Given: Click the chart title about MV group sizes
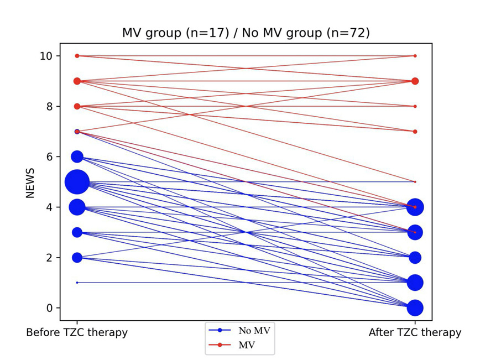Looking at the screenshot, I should coord(246,33).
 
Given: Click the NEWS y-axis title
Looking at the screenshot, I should coord(32,182).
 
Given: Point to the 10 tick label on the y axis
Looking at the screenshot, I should coord(46,56).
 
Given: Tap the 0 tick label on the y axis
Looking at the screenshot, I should coord(50,308).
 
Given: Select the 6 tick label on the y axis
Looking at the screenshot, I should coord(50,157).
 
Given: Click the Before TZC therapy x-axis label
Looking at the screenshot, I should coord(77,332).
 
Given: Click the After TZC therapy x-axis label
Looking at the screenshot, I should coord(415,332).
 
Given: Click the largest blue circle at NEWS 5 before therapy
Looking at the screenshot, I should coord(77,182).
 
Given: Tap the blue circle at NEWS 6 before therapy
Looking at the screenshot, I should coord(77,157).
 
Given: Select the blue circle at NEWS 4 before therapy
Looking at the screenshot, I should coord(77,207).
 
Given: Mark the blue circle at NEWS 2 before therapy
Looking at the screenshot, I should coord(77,258).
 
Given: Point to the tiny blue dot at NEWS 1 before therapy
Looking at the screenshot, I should coord(77,283).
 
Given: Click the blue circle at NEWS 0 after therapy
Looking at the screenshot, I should coord(415,308).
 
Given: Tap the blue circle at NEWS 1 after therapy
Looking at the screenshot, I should coord(415,283).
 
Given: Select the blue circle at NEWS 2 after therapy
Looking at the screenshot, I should coord(415,258).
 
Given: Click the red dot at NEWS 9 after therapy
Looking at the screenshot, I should coord(415,81).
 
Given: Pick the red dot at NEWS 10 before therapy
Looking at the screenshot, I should coord(77,56).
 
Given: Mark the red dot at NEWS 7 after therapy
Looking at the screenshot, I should coord(415,132).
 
